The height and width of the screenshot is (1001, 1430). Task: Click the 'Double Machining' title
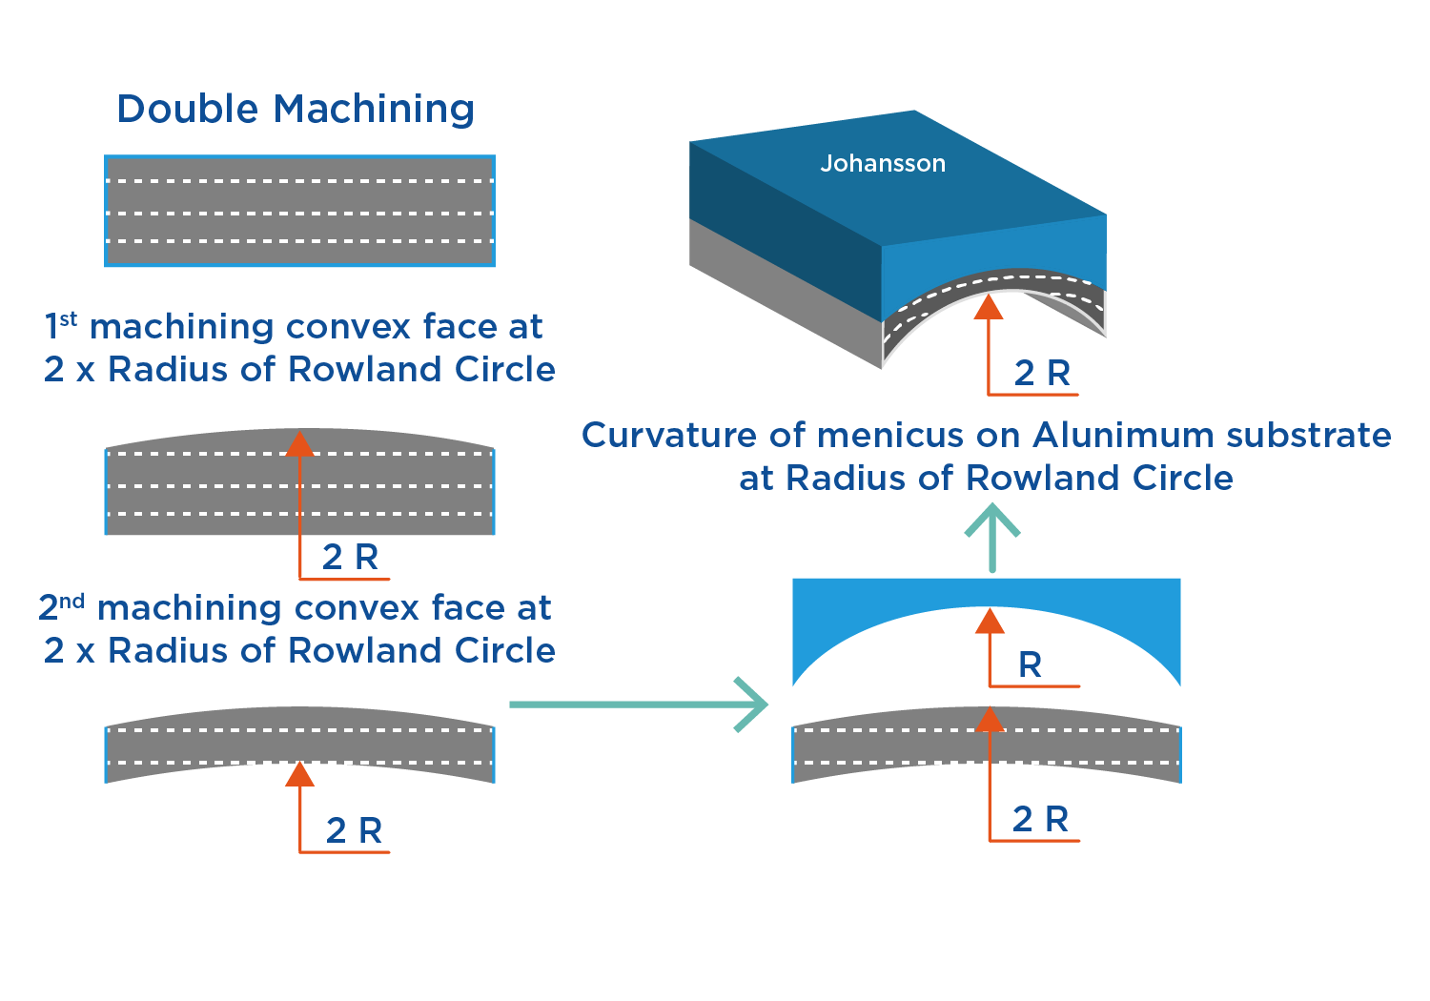pyautogui.click(x=296, y=109)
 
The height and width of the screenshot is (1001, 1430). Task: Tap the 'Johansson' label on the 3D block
pyautogui.click(x=883, y=163)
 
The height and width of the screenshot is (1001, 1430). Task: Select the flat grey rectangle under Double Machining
pyautogui.click(x=299, y=211)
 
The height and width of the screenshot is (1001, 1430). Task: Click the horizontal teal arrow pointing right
pyautogui.click(x=639, y=705)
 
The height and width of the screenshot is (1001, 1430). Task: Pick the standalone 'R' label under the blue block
pyautogui.click(x=1030, y=664)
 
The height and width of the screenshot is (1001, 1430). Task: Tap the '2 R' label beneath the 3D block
pyautogui.click(x=1042, y=373)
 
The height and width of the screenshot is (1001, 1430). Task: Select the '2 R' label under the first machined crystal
pyautogui.click(x=350, y=557)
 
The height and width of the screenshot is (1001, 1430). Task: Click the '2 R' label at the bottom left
pyautogui.click(x=354, y=830)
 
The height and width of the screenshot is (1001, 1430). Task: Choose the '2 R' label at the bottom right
pyautogui.click(x=1040, y=819)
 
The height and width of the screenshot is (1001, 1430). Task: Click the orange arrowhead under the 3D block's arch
pyautogui.click(x=989, y=307)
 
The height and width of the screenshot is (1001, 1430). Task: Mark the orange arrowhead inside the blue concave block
pyautogui.click(x=991, y=622)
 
